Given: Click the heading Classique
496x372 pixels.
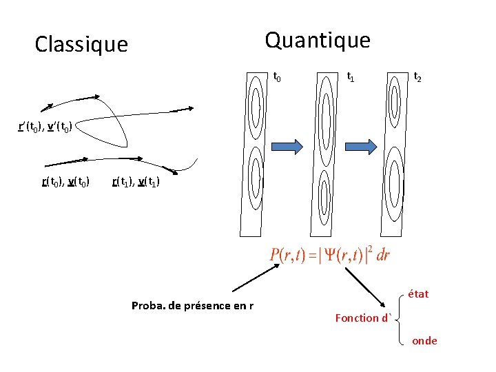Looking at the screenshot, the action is click(81, 45).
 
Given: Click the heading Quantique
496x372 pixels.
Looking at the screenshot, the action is click(318, 41).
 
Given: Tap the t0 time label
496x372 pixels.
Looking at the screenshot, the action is click(277, 77).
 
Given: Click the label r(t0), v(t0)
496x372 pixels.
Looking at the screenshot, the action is click(66, 182).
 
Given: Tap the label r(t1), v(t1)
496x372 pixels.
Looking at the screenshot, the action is click(138, 182).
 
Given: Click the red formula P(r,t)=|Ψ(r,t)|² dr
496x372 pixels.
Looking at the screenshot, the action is click(330, 255).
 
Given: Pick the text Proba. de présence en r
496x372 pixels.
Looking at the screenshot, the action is click(192, 305).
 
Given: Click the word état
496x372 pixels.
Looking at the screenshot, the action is click(418, 294).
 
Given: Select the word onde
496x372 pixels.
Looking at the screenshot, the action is click(424, 340).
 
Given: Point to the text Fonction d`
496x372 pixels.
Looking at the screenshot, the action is click(363, 318).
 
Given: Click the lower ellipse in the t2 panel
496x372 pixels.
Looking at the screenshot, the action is click(395, 180).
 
